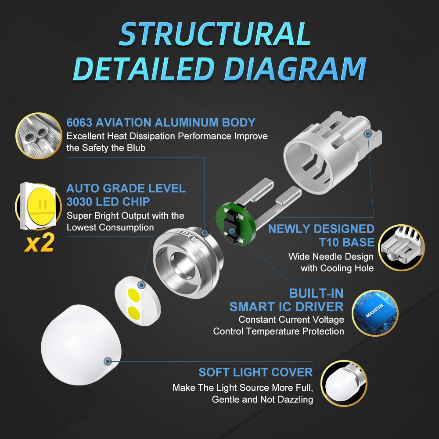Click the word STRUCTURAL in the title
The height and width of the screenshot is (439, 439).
point(215,34)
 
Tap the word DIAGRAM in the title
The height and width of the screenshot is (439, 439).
point(295,69)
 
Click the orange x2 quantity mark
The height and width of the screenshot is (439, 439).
point(39,243)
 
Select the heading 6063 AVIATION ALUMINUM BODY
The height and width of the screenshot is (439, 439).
point(161,122)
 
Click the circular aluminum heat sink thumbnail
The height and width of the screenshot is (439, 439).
point(39,136)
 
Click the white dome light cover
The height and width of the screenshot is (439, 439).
point(81,345)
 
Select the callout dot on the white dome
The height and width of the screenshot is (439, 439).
point(108,361)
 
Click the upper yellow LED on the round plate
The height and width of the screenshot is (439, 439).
point(134,295)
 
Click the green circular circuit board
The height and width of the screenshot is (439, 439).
point(236,224)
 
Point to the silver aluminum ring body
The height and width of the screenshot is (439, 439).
point(188,262)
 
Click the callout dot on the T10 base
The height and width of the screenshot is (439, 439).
point(368,134)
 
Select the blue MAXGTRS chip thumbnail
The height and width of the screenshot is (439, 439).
point(374,313)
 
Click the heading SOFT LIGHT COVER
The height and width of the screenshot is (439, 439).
point(255,372)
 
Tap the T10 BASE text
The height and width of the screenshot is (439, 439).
point(346,242)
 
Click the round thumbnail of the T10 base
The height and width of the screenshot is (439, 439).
point(402,248)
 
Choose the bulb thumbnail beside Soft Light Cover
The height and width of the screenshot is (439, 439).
point(344,383)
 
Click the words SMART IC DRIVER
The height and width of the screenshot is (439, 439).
point(286,307)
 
